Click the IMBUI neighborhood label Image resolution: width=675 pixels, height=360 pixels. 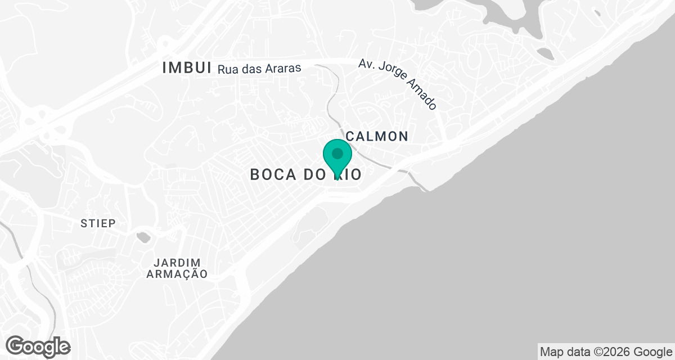(x=186, y=68)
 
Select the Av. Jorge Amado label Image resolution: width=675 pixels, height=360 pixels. (x=398, y=84)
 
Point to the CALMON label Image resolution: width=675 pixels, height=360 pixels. (x=377, y=136)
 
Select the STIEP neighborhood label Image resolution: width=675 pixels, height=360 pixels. (x=98, y=223)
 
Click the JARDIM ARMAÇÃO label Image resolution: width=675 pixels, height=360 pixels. (x=177, y=268)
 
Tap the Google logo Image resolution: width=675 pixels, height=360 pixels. (x=38, y=346)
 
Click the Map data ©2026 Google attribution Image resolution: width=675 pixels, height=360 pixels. (x=606, y=352)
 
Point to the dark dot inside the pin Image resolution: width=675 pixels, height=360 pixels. (x=337, y=154)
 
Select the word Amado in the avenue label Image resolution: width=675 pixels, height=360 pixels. (x=421, y=95)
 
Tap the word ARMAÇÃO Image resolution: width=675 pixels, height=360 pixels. (x=177, y=274)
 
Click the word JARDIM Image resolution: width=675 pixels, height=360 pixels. (x=177, y=263)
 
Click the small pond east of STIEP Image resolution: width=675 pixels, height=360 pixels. (x=144, y=237)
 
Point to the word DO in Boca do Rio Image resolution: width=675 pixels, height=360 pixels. (x=314, y=174)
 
